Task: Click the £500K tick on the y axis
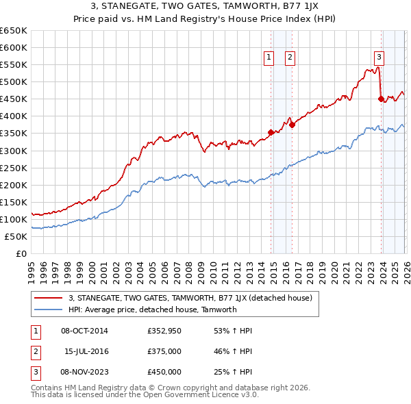(13, 81)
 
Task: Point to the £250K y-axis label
(13, 168)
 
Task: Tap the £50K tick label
(16, 236)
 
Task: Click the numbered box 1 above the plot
(269, 58)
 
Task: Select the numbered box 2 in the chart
(290, 58)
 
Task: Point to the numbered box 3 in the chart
(379, 58)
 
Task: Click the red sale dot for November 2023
(381, 99)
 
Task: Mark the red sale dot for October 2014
(271, 132)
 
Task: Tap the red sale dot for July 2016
(292, 125)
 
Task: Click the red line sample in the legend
(49, 298)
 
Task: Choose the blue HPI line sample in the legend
(49, 310)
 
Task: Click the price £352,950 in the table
(164, 331)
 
